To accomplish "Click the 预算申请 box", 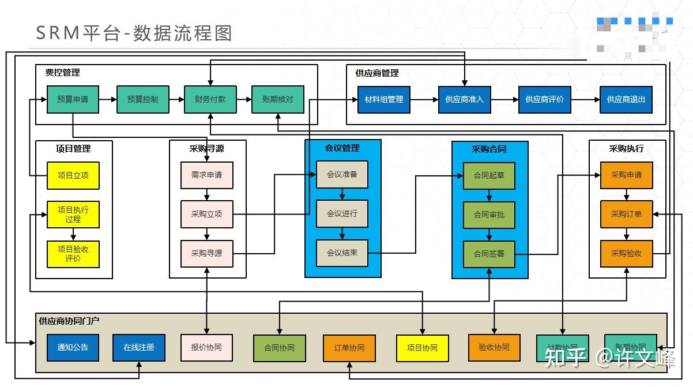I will tap(73, 99).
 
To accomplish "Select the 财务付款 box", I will tap(210, 99).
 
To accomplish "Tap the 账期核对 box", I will tap(278, 99).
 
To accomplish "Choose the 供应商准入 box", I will tap(465, 99).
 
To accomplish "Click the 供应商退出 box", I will tap(626, 99).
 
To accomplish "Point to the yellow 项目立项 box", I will tap(73, 175).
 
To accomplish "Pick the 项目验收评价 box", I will tap(73, 254).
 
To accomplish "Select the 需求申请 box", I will tap(207, 175).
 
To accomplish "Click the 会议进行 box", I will tap(342, 213).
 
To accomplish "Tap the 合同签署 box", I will tap(489, 253).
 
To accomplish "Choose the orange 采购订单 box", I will tap(627, 214).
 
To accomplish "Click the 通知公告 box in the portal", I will tap(73, 347).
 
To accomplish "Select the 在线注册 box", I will tap(139, 347).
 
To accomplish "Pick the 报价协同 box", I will tap(206, 348).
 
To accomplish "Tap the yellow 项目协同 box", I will tap(422, 348).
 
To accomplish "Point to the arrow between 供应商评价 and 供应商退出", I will tap(585, 99).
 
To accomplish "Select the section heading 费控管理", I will tap(63, 73).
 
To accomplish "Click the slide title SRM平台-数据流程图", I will tap(134, 33).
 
